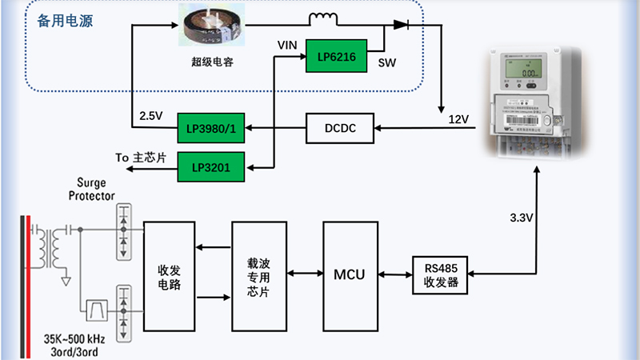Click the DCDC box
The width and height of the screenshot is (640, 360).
(340, 128)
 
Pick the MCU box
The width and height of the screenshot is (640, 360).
(349, 274)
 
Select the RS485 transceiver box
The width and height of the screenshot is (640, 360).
(439, 274)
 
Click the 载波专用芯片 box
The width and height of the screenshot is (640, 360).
(258, 274)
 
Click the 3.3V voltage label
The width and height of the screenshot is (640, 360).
(521, 217)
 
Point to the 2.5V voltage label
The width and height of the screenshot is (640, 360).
(151, 114)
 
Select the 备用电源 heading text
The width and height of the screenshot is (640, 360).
(65, 22)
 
